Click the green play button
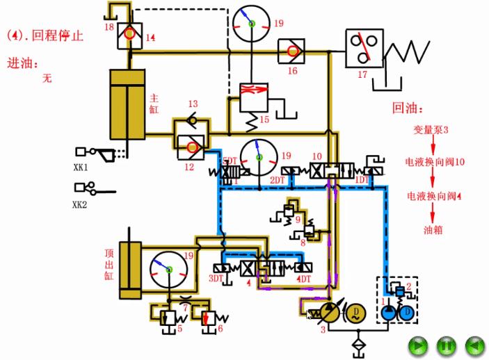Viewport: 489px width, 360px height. click(x=417, y=344)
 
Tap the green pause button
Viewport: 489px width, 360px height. click(x=445, y=344)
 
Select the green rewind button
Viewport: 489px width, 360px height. click(x=474, y=344)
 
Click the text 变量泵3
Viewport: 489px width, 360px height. click(x=426, y=130)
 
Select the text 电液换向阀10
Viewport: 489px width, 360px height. click(x=435, y=162)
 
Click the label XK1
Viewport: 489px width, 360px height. click(x=81, y=167)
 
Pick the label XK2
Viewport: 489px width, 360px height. click(x=81, y=204)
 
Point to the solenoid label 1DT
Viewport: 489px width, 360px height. click(x=362, y=180)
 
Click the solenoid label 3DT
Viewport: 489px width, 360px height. click(x=218, y=279)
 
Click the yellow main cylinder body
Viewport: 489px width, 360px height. click(x=126, y=104)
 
